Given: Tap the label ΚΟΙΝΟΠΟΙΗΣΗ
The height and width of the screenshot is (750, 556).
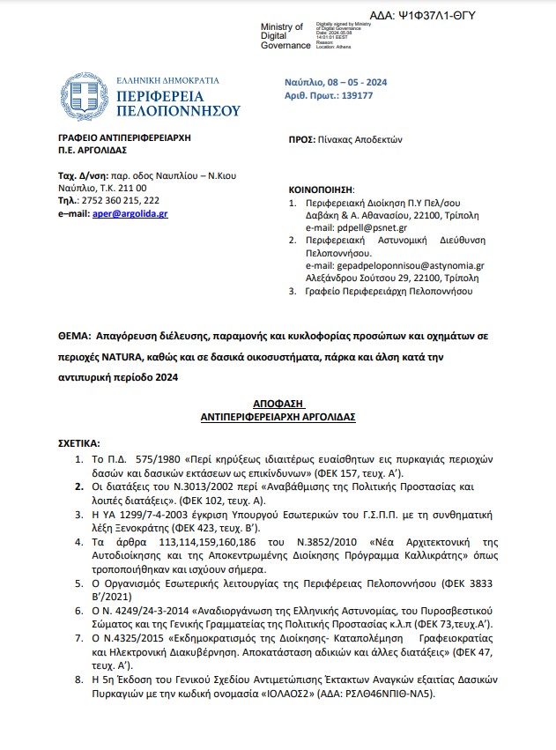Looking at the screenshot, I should click(322, 189).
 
